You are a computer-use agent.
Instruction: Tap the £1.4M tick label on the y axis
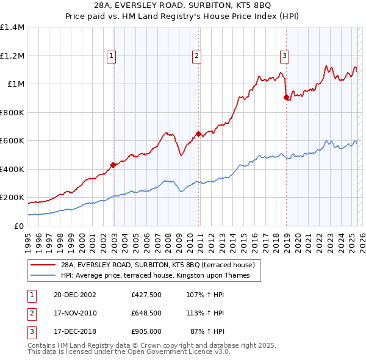[12, 27]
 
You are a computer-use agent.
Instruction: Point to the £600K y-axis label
[12, 141]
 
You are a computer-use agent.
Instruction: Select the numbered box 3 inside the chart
[285, 56]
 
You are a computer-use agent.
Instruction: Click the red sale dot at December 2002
[113, 165]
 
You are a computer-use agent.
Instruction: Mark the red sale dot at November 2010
[199, 134]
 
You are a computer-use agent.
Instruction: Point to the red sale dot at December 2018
[286, 97]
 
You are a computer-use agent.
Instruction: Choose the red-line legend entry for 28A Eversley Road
[161, 265]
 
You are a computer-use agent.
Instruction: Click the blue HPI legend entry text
[159, 276]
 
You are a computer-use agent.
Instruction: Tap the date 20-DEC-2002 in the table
[75, 294]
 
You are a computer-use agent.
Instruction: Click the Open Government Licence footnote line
[129, 352]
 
